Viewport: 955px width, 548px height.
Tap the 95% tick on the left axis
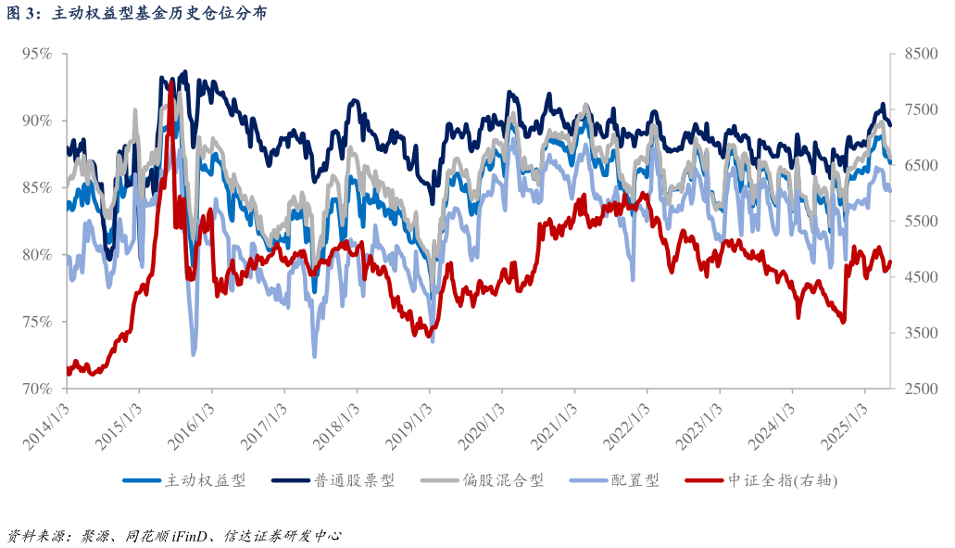coord(36,54)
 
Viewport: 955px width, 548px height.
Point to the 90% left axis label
coord(36,121)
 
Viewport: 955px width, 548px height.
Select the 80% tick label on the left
coord(36,255)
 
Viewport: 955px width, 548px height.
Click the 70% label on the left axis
coord(36,389)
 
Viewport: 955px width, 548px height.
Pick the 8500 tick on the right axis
coord(918,54)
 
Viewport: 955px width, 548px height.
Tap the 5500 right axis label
coord(918,222)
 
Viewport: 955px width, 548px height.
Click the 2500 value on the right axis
coord(918,389)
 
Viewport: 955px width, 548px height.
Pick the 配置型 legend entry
coord(635,480)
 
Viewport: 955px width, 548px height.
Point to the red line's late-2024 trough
coord(843,321)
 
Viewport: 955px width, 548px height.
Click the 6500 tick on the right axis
coord(918,165)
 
